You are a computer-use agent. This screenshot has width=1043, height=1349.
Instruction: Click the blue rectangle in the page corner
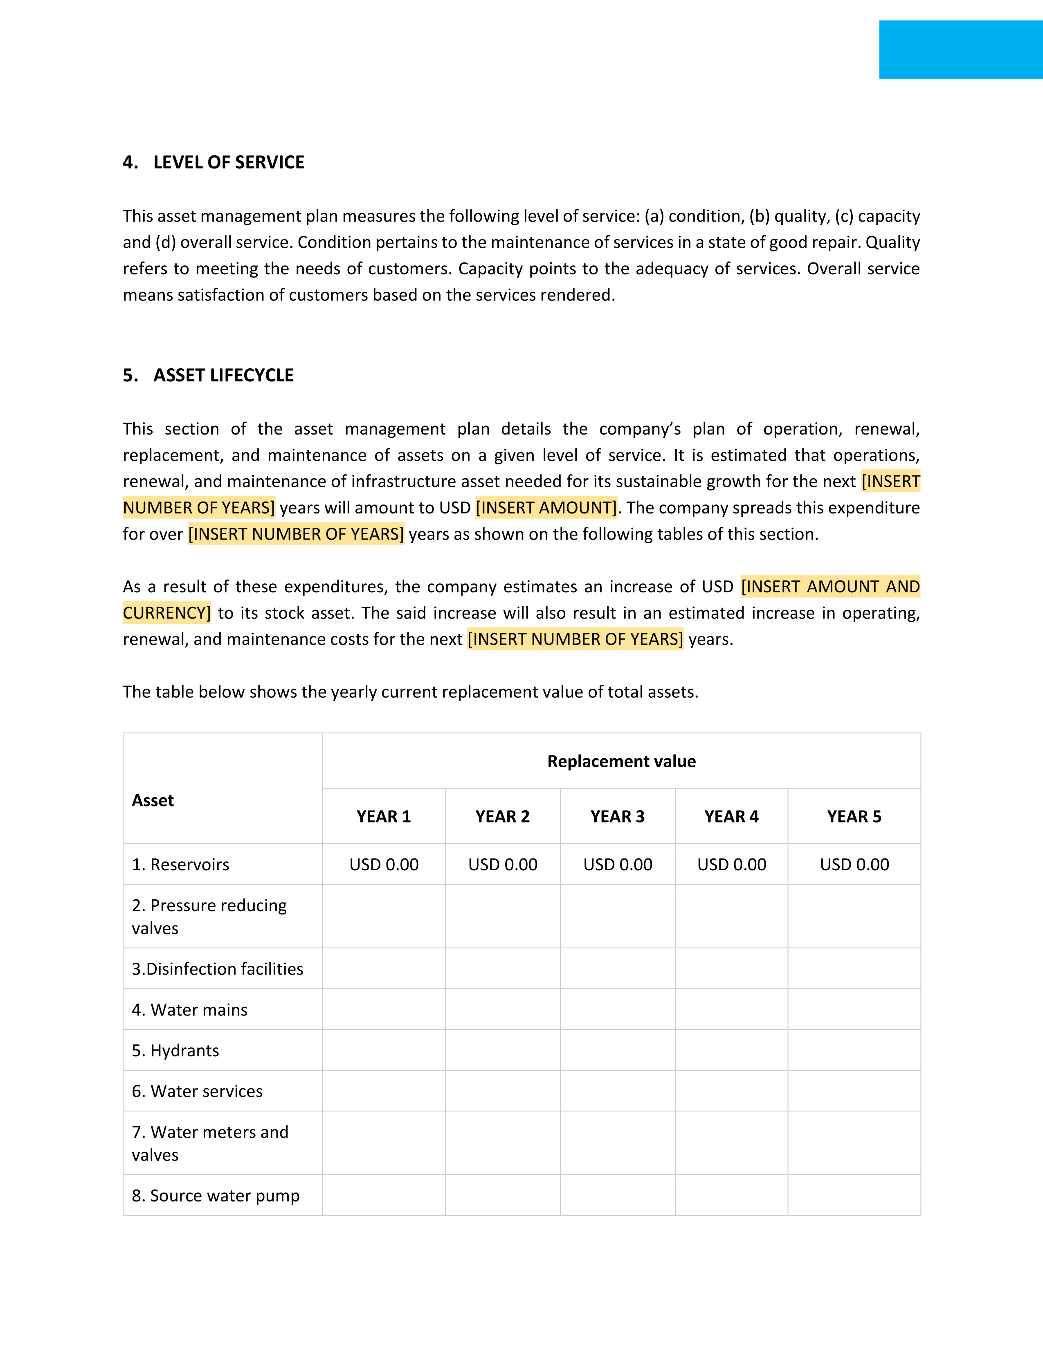point(960,49)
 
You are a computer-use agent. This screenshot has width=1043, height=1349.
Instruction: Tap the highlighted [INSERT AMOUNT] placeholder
point(546,508)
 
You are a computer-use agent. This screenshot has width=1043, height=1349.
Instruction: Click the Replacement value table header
point(621,761)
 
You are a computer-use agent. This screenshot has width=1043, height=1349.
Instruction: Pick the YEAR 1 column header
point(384,817)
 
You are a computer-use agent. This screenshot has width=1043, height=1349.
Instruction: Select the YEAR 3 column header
point(617,817)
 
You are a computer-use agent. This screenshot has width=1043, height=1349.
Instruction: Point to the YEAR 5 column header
point(854,817)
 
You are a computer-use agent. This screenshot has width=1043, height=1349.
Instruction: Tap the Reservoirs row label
point(180,865)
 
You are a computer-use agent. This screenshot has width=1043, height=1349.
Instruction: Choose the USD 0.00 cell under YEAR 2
point(502,865)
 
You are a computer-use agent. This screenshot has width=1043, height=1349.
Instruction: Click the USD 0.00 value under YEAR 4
point(732,865)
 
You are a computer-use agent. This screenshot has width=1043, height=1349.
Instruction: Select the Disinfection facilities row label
point(218,969)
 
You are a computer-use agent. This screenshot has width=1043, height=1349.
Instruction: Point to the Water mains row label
point(190,1010)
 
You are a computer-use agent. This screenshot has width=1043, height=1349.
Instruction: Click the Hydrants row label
point(175,1051)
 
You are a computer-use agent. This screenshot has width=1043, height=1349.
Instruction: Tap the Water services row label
point(197,1091)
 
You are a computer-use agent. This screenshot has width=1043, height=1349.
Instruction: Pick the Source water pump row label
point(216,1196)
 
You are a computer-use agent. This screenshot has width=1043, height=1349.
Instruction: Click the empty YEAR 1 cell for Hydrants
point(384,1050)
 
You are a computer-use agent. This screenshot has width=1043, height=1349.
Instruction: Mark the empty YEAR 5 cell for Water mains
point(854,1009)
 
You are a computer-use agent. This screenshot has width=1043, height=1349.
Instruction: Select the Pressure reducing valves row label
point(209,917)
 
